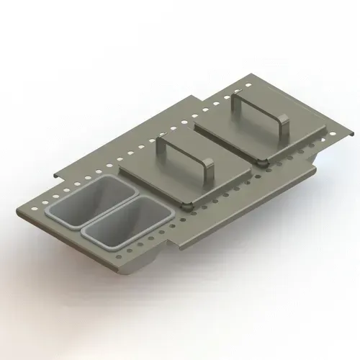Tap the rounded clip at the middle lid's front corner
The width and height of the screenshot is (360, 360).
189,206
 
